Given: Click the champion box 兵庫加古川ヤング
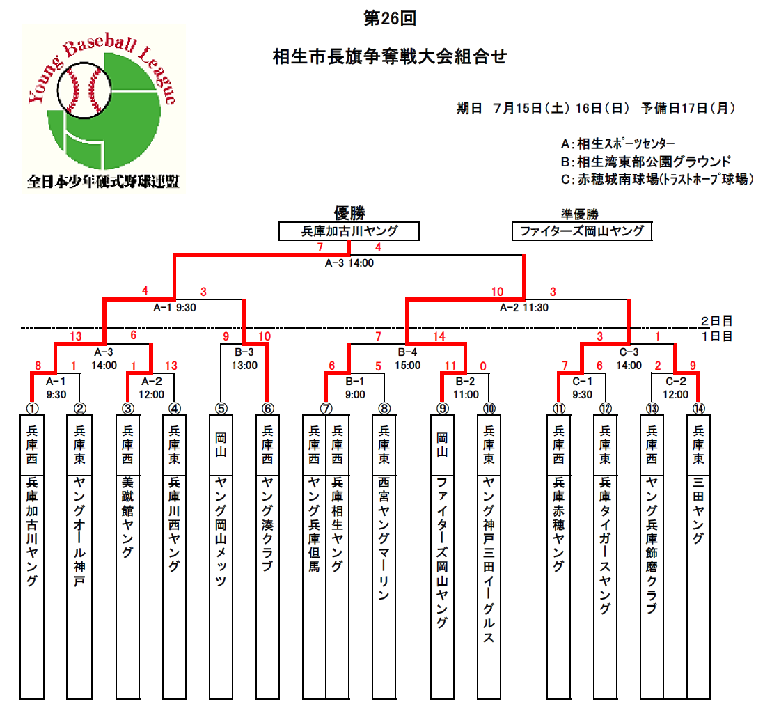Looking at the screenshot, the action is click(x=349, y=231).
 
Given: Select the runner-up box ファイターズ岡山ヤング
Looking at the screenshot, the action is click(x=582, y=231).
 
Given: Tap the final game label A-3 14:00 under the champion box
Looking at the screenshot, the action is click(x=349, y=263).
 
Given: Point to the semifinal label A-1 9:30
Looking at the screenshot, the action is click(x=174, y=308).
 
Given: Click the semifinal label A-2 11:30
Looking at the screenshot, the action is click(x=524, y=308).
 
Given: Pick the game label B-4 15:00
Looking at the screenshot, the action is click(x=408, y=359).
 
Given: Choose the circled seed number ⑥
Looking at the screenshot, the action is click(x=267, y=409).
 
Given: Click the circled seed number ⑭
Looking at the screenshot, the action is click(x=699, y=409).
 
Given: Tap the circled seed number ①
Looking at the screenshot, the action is click(x=32, y=409).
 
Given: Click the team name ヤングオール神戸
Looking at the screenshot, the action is click(x=80, y=531).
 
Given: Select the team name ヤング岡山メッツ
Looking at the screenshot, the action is click(x=221, y=531).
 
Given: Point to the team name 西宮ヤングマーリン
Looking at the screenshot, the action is click(x=384, y=538).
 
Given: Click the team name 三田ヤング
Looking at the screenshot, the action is click(x=699, y=510).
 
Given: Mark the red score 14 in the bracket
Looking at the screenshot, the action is click(x=439, y=336).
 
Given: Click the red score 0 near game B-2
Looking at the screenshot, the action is click(x=483, y=366).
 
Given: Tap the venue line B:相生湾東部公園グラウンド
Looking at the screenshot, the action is click(x=646, y=162).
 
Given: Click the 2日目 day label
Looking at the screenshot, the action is click(x=717, y=321).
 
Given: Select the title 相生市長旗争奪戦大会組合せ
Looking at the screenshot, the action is click(x=390, y=56).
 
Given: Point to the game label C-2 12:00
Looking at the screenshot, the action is click(x=675, y=388).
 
